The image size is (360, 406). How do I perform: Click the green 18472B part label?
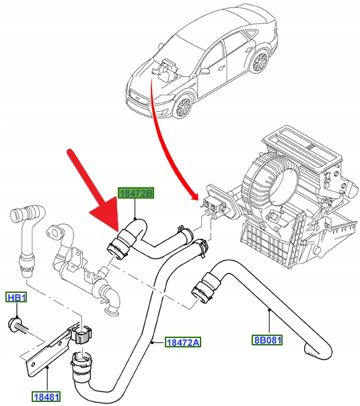click(x=136, y=193)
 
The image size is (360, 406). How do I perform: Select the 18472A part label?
click(x=183, y=342)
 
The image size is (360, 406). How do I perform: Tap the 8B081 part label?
click(x=267, y=340)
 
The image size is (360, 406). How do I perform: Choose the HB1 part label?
click(x=16, y=298)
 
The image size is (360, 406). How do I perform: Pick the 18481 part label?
click(x=46, y=397)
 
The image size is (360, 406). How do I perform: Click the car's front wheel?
click(x=184, y=106)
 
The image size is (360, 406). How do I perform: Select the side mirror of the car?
click(x=205, y=71)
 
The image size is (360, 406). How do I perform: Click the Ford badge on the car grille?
click(x=137, y=99)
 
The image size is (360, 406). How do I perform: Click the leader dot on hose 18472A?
click(x=153, y=342)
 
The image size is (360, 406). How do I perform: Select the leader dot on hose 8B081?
click(x=269, y=309)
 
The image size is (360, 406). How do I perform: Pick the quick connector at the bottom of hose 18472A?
click(x=81, y=363)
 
